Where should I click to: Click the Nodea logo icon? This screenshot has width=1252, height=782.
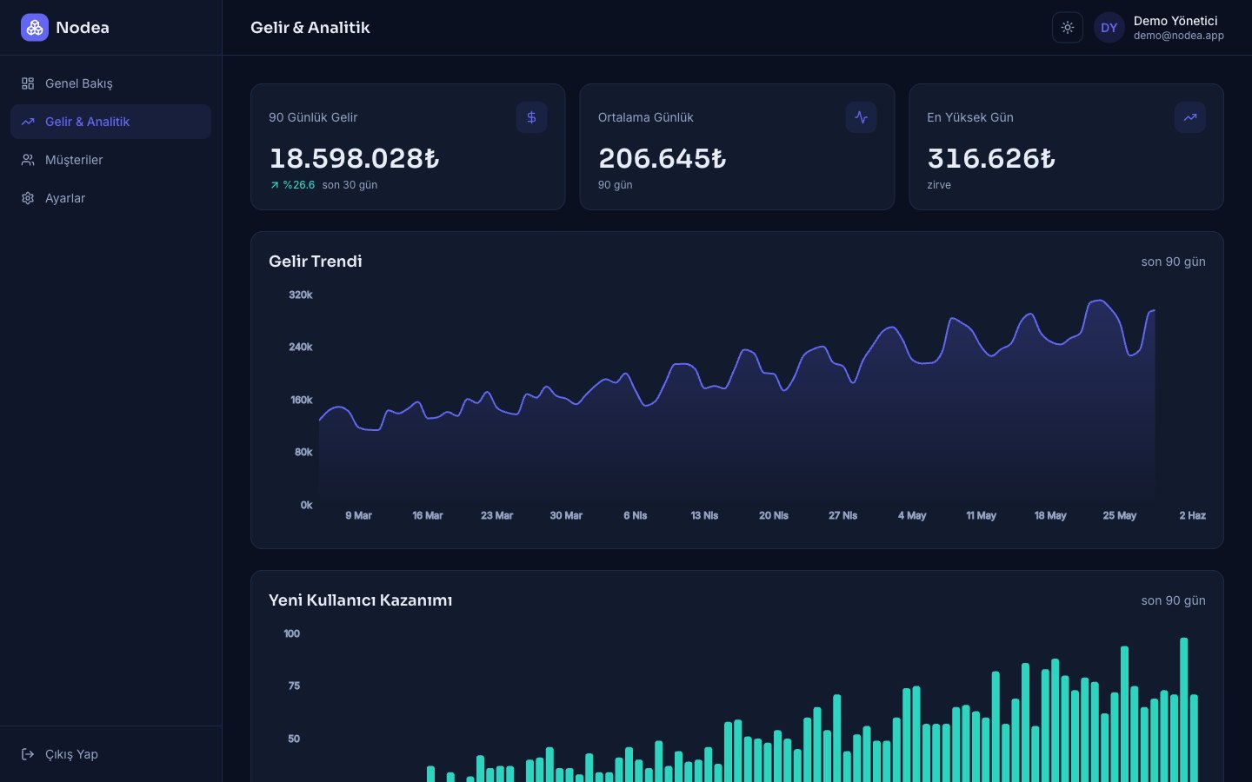(x=35, y=28)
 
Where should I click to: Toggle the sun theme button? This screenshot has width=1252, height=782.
(x=1067, y=28)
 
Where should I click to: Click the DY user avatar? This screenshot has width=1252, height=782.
(x=1109, y=28)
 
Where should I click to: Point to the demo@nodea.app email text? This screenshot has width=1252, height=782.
(x=1178, y=36)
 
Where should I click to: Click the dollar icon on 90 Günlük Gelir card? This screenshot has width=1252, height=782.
(x=531, y=117)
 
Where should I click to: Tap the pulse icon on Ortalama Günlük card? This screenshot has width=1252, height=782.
(x=861, y=117)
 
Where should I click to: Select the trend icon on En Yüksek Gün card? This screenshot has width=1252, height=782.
(x=1190, y=117)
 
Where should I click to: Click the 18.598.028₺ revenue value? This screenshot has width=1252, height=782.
(x=354, y=159)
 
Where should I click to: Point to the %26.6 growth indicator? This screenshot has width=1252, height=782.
(x=292, y=185)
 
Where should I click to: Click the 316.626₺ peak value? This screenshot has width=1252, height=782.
(x=991, y=159)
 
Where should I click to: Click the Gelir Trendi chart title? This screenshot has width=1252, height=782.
(x=316, y=262)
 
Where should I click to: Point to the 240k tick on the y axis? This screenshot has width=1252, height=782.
(x=300, y=347)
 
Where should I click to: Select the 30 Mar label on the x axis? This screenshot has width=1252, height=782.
(x=566, y=515)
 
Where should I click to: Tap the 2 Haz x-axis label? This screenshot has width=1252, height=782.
(x=1192, y=515)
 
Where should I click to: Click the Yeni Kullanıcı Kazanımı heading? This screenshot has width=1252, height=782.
(x=360, y=600)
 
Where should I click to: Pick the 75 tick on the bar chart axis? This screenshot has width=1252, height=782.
(x=294, y=686)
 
